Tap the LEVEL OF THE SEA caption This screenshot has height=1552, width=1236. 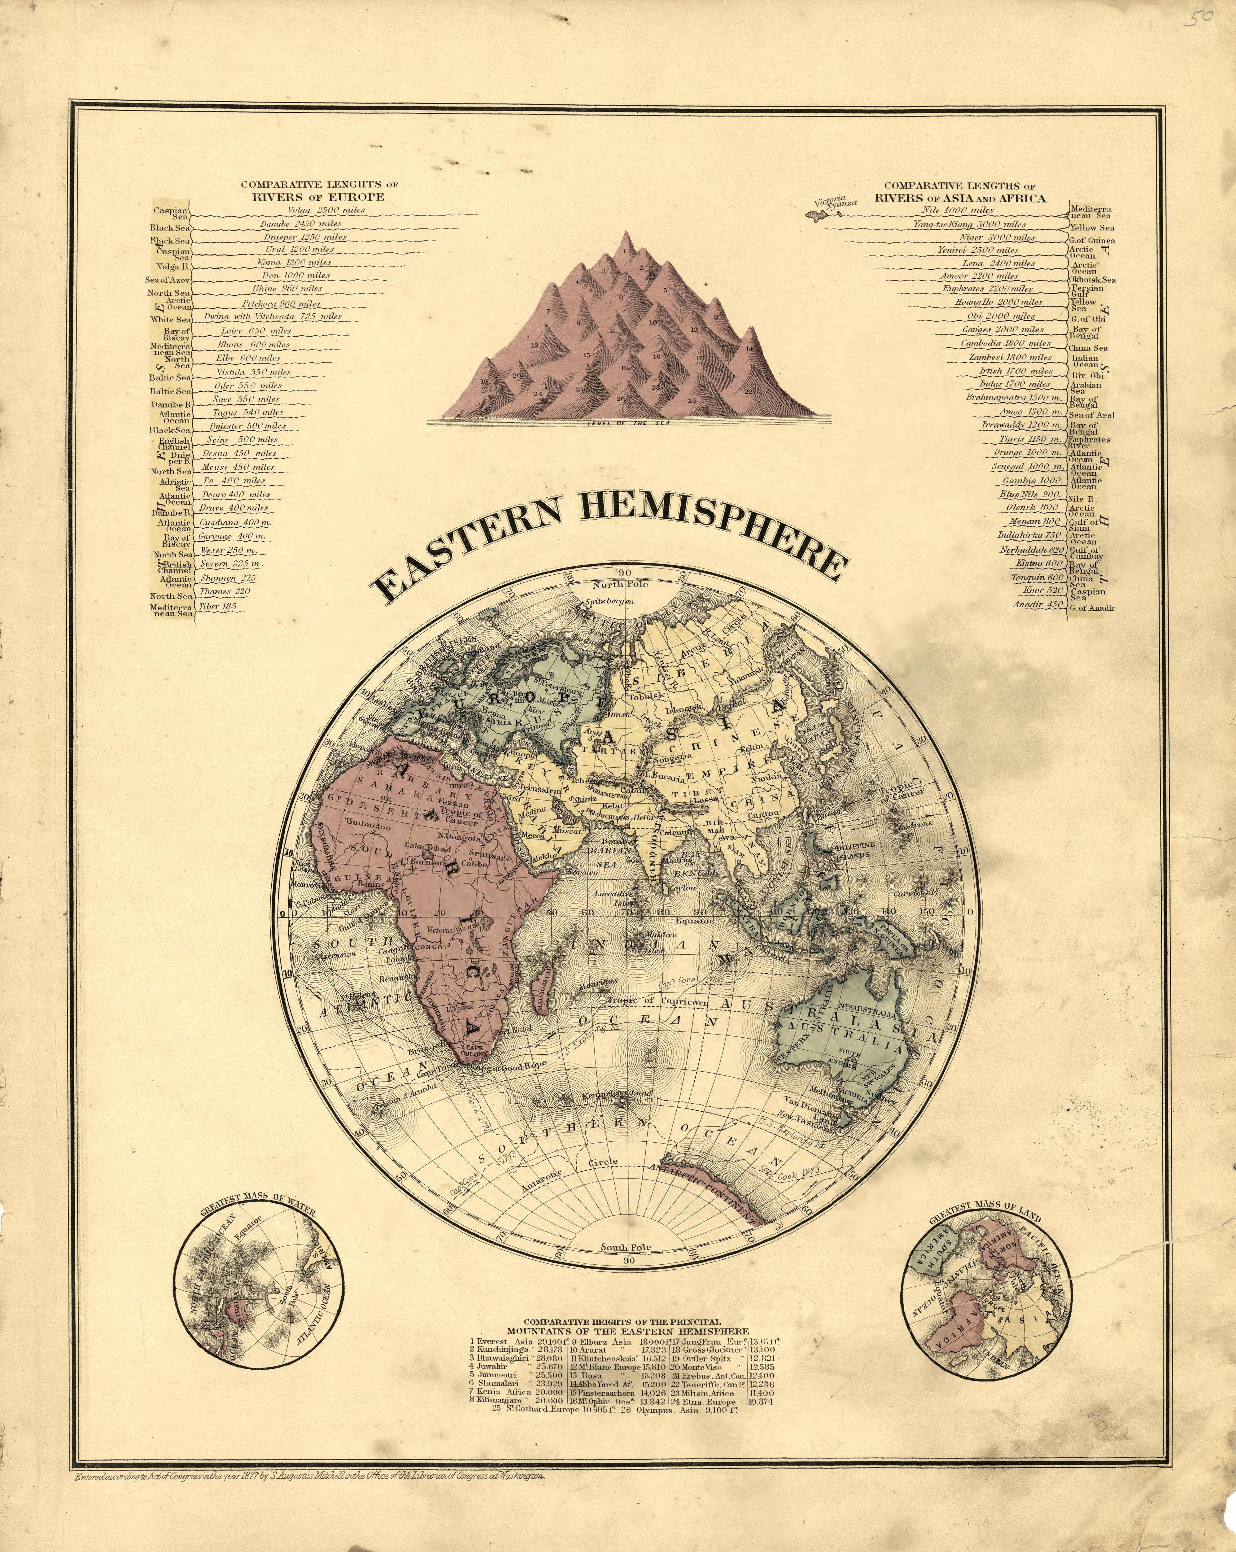628,423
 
